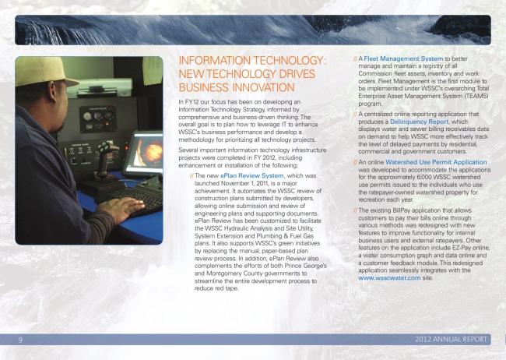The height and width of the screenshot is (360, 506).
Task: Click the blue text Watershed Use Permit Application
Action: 435,162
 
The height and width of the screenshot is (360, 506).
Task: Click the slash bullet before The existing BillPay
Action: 355,210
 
